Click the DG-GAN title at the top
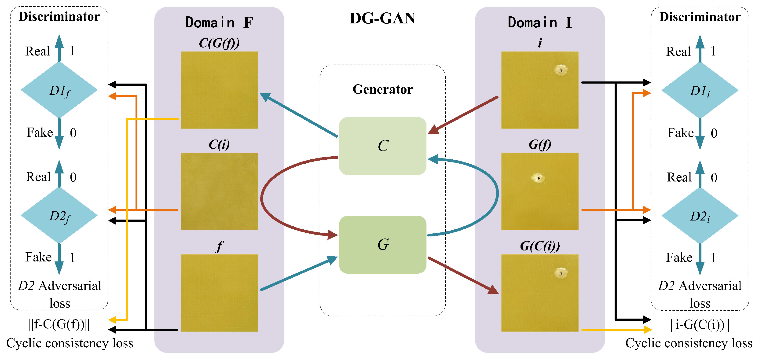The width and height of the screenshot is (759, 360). pyautogui.click(x=382, y=18)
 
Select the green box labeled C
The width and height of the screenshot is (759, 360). pyautogui.click(x=382, y=146)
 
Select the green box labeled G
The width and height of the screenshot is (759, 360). pyautogui.click(x=382, y=245)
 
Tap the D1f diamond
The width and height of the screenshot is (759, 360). pyautogui.click(x=59, y=90)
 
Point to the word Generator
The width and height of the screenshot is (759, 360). pyautogui.click(x=382, y=89)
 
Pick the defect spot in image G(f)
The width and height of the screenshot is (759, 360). pyautogui.click(x=538, y=178)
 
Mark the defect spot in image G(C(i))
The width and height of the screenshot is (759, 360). pyautogui.click(x=561, y=273)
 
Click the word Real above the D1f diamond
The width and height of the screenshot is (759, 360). pyautogui.click(x=37, y=51)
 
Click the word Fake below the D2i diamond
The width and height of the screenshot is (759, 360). pyautogui.click(x=679, y=257)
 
